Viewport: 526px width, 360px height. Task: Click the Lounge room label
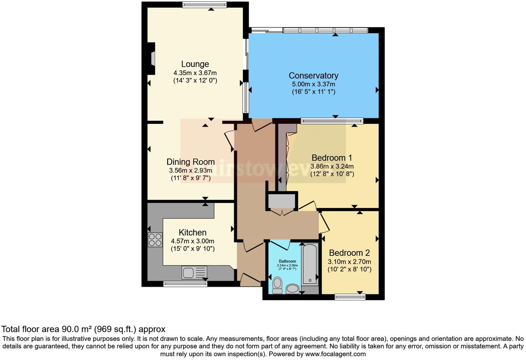click(195, 64)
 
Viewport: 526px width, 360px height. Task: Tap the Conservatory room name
click(313, 75)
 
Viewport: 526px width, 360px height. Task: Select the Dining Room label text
click(190, 162)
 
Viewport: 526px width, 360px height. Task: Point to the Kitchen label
click(192, 232)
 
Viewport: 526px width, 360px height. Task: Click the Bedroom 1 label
click(332, 158)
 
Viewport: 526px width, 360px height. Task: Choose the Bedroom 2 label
click(349, 253)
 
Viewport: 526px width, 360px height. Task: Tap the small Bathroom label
click(287, 261)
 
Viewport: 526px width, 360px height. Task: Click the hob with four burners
click(155, 240)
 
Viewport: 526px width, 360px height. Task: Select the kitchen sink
click(194, 272)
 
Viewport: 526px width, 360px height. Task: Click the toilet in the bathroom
click(277, 285)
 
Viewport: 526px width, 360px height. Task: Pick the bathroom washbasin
click(293, 288)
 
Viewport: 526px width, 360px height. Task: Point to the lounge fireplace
click(151, 58)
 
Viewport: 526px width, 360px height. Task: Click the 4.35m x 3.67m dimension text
click(195, 73)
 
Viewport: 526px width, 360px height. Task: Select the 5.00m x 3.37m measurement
click(313, 84)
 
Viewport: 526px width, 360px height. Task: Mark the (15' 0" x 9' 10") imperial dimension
click(192, 249)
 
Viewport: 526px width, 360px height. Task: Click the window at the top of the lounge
click(205, 4)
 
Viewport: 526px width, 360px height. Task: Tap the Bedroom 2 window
click(350, 296)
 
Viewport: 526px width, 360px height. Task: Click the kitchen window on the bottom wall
click(185, 284)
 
